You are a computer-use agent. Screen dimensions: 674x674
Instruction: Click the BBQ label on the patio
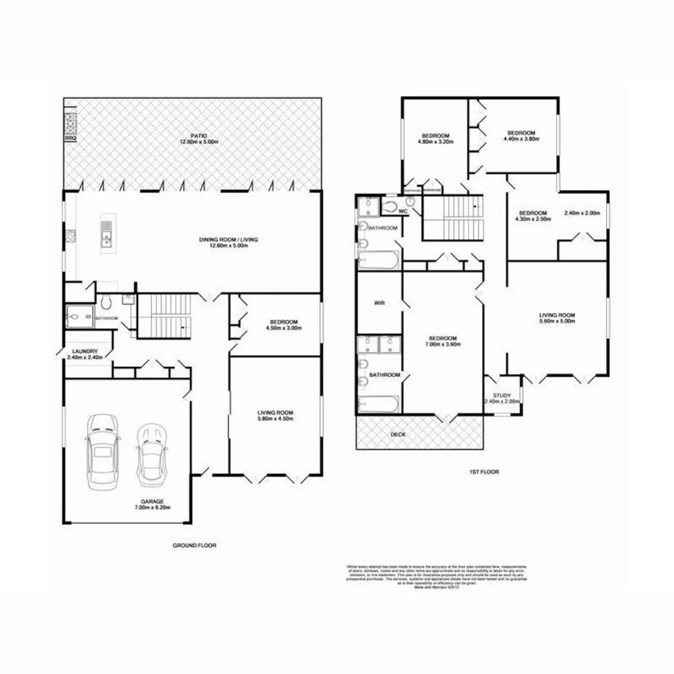[x=70, y=139]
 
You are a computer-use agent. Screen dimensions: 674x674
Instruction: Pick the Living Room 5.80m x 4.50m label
[x=275, y=415]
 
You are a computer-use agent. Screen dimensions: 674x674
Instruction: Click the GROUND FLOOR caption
[x=194, y=545]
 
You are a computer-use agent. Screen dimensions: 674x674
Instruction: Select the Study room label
[x=502, y=398]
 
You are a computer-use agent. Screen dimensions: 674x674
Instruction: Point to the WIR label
[x=378, y=303]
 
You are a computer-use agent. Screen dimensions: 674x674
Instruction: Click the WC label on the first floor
[x=403, y=212]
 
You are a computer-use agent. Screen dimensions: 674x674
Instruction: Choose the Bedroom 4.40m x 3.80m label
[x=521, y=136]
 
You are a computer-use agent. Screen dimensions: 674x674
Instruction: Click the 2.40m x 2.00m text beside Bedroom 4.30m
[x=582, y=213]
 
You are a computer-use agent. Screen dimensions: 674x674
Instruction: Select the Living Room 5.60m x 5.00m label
[x=557, y=318]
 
